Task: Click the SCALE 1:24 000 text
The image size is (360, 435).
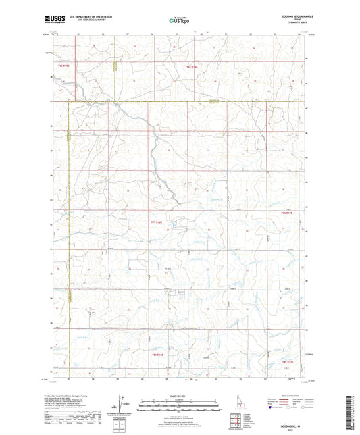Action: click(x=180, y=396)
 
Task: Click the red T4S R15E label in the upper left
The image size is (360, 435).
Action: click(x=65, y=66)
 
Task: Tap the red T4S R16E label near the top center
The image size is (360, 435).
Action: click(x=192, y=67)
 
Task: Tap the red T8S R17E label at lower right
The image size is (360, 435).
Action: click(x=286, y=363)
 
